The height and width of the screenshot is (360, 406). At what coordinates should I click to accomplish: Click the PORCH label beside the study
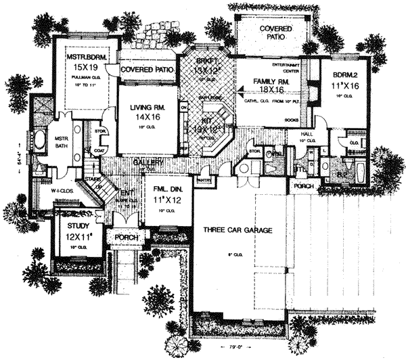tap(126, 238)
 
